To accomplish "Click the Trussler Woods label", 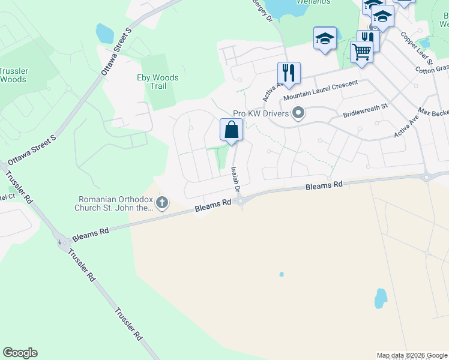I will pos(14,75).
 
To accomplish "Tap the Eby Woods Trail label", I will pos(158,82).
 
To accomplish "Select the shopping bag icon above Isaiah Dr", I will pos(231,130).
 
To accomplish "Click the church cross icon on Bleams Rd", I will pos(161,204).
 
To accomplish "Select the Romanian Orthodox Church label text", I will pos(116,204).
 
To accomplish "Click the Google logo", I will pos(20,353).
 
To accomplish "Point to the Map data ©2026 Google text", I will pos(412,355).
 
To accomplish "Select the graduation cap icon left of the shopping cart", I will pos(325,39).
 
